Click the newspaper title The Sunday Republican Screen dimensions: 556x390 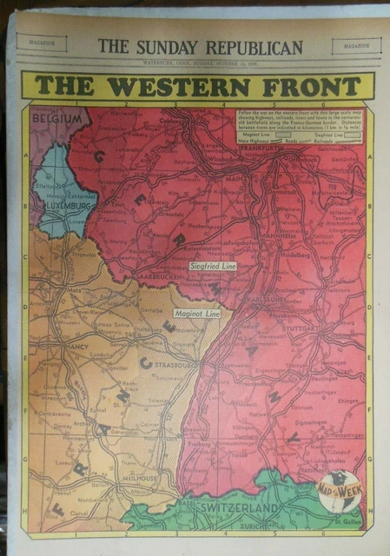[x=200, y=47]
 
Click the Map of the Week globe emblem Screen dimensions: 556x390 [x=334, y=488]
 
